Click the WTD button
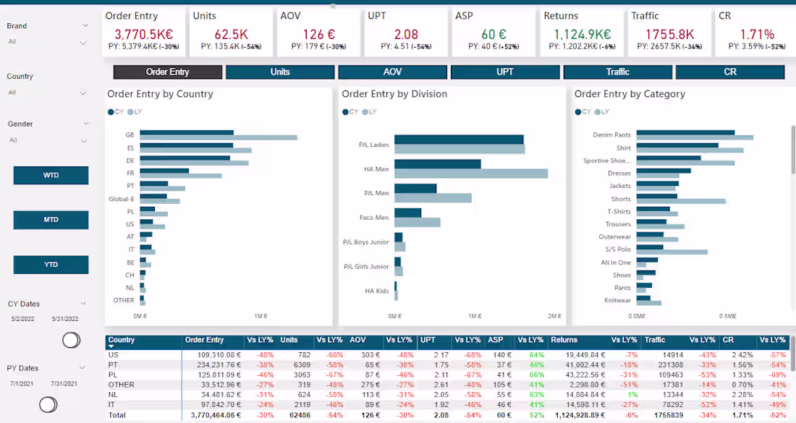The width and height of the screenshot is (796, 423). pos(51,176)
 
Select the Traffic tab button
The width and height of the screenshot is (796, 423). pos(617,72)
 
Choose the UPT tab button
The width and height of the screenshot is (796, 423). pos(504,72)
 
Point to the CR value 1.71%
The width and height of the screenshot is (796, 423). pos(757,34)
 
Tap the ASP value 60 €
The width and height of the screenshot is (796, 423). pos(494,34)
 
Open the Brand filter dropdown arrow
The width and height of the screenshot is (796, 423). pos(85,26)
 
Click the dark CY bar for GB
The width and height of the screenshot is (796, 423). pos(186,133)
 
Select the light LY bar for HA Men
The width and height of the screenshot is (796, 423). pos(470,174)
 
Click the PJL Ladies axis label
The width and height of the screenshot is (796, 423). pos(373,145)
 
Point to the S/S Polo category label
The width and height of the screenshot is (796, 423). pos(618,249)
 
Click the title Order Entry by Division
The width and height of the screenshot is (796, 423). pos(394,94)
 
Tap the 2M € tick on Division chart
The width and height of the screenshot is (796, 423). pos(554,316)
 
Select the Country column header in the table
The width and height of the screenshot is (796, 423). pos(122,340)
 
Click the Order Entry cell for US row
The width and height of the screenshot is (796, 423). pos(215,355)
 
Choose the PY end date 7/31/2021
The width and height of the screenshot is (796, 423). pos(64,383)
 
